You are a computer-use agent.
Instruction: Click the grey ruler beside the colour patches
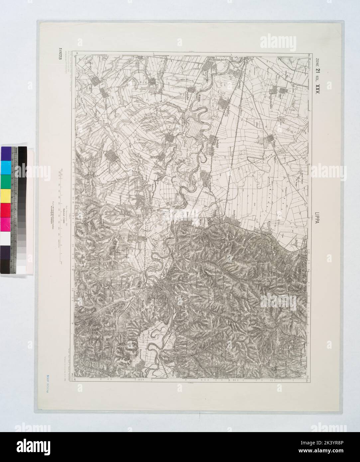14,209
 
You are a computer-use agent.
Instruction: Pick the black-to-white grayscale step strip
22,209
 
